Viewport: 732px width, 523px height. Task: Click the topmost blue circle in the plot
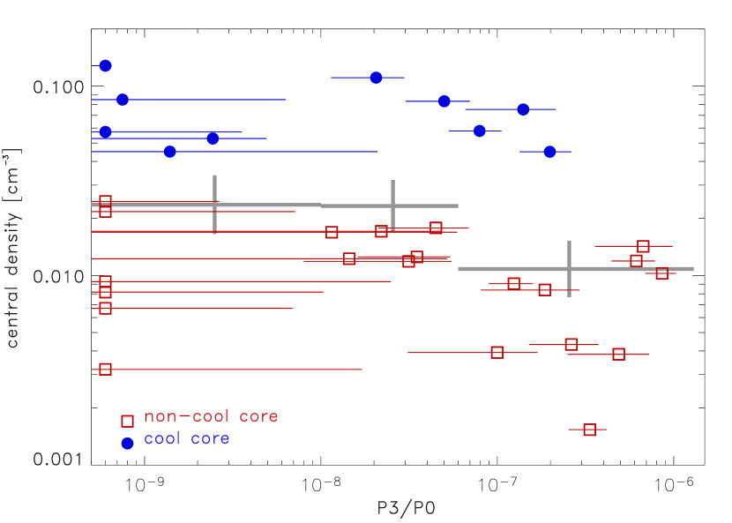coord(105,65)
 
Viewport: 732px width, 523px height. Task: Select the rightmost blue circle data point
coord(549,152)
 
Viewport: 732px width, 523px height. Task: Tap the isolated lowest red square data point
coord(589,430)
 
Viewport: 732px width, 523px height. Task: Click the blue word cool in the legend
coord(162,438)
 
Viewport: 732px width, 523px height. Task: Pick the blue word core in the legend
coord(210,438)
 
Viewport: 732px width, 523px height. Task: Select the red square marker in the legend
coord(127,422)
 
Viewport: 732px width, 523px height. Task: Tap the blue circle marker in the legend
coord(127,444)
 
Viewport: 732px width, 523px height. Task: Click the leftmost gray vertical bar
coord(214,204)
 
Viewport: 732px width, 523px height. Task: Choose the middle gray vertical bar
coord(392,205)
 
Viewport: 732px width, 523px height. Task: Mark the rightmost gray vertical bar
coord(569,268)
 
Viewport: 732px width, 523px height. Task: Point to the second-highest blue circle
coord(376,78)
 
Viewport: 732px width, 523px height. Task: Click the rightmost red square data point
coord(661,273)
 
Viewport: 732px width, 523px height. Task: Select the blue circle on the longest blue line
coord(169,152)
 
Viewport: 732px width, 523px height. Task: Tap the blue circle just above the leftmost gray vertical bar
coord(212,138)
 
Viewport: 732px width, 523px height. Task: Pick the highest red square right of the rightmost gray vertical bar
coord(643,246)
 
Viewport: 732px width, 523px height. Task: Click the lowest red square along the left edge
coord(105,369)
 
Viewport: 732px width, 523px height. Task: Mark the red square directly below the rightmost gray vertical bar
coord(571,344)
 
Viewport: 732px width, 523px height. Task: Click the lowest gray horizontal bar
coord(575,269)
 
